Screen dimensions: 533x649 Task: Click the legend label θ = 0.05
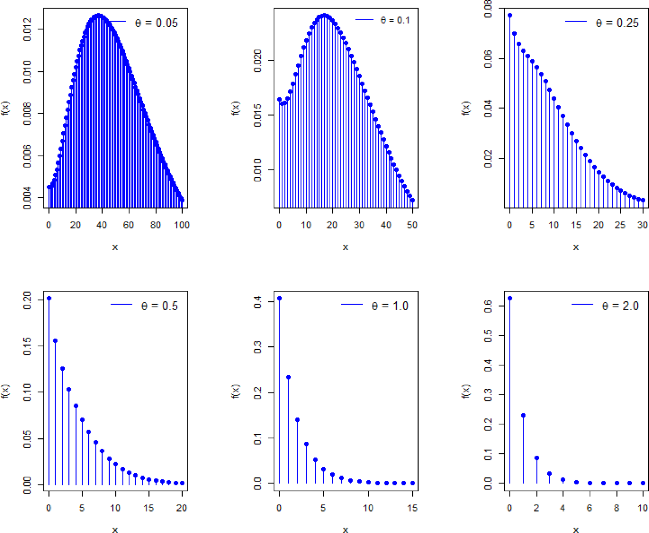(x=156, y=23)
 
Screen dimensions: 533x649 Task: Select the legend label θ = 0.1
(x=395, y=20)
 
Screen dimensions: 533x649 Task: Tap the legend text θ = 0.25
(x=617, y=23)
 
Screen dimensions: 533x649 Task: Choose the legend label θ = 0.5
(x=159, y=306)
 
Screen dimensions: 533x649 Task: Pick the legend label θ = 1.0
(x=390, y=306)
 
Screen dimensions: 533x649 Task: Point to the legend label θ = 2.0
(x=620, y=306)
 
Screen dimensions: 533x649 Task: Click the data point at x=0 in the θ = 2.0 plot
(x=510, y=298)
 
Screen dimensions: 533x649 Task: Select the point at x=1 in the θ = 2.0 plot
(x=523, y=415)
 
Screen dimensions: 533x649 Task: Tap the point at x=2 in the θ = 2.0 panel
(x=537, y=458)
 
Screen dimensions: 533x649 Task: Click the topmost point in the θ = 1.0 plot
(x=279, y=298)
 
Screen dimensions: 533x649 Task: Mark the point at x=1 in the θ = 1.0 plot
(x=288, y=377)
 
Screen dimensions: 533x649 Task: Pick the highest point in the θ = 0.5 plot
(x=49, y=298)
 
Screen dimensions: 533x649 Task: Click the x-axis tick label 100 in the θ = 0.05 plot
(x=182, y=225)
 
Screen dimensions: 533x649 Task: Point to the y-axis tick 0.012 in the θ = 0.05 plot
(x=27, y=30)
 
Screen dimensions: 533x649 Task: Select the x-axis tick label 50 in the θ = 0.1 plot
(x=412, y=225)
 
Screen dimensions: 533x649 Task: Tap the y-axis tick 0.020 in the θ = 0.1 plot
(x=258, y=60)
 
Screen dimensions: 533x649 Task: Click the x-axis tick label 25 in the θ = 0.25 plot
(x=620, y=225)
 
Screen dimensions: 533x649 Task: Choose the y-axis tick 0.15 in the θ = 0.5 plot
(x=27, y=346)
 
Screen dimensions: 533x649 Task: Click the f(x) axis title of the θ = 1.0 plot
(x=236, y=391)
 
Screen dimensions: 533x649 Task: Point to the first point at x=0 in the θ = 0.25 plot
(x=510, y=15)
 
